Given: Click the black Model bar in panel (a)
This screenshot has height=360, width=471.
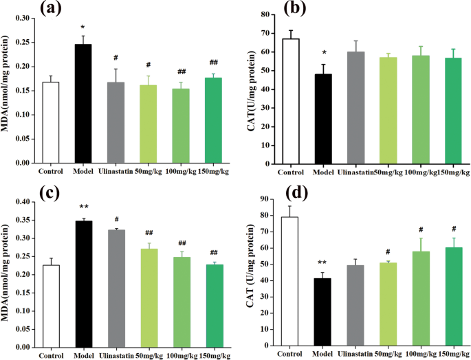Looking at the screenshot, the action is (x=83, y=104).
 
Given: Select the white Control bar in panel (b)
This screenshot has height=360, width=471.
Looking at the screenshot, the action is (x=291, y=102).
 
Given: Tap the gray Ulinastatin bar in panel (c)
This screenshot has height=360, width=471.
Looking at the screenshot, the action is (x=117, y=289).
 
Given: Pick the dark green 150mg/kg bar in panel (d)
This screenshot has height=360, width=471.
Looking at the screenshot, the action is (x=454, y=297).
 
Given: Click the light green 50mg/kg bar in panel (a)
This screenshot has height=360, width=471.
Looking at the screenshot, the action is (x=148, y=124).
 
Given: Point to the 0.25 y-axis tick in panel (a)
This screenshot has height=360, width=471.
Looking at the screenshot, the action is (x=23, y=43).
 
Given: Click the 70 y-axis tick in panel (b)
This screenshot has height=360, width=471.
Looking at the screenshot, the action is (x=266, y=34).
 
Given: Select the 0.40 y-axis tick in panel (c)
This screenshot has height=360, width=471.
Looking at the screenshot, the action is (x=23, y=202).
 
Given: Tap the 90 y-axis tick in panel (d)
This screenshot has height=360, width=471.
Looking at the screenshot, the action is (x=266, y=199).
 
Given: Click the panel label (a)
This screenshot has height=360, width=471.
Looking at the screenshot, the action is (x=50, y=8).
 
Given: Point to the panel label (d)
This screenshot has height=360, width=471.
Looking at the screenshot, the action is (x=297, y=193).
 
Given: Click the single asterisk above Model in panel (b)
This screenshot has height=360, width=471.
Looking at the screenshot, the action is (x=324, y=53).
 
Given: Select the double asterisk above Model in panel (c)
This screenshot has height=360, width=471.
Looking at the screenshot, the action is (x=84, y=207).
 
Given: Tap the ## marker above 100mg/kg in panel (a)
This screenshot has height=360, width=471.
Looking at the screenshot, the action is (x=182, y=71).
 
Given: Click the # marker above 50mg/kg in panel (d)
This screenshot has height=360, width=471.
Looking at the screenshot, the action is (x=388, y=251).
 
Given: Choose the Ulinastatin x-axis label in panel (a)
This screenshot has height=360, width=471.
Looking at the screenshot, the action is (x=116, y=172).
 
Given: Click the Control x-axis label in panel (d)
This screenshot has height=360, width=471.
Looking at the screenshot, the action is (x=289, y=354).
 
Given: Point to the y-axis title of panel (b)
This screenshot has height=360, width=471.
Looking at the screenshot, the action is (x=251, y=91).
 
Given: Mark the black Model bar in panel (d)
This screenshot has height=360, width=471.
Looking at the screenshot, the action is (x=322, y=313).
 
